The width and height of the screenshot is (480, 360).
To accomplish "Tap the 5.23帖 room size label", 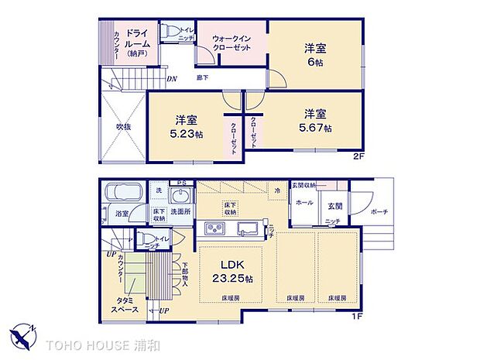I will tap(186, 133).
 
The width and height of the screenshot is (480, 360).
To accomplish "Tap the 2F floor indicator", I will tap(358, 156).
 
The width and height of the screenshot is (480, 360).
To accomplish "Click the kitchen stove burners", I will tap(214, 228).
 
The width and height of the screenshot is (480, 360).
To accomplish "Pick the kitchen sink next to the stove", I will tap(247, 228).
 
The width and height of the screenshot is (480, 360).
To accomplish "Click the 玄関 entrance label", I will tap(335, 205).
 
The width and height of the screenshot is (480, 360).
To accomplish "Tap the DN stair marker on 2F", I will tap(172, 78).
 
